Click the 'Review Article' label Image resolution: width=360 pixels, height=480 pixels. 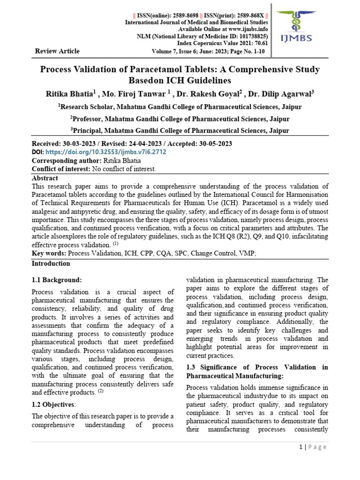point(57,51)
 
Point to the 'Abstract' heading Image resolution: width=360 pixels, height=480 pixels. point(45,178)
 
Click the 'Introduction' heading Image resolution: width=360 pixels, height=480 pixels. point(51,264)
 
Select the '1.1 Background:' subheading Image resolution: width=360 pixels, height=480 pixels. point(57,280)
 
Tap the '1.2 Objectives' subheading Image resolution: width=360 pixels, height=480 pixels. point(53,405)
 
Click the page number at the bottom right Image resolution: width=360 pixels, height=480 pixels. point(300,447)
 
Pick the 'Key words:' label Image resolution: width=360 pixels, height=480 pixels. point(49,253)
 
